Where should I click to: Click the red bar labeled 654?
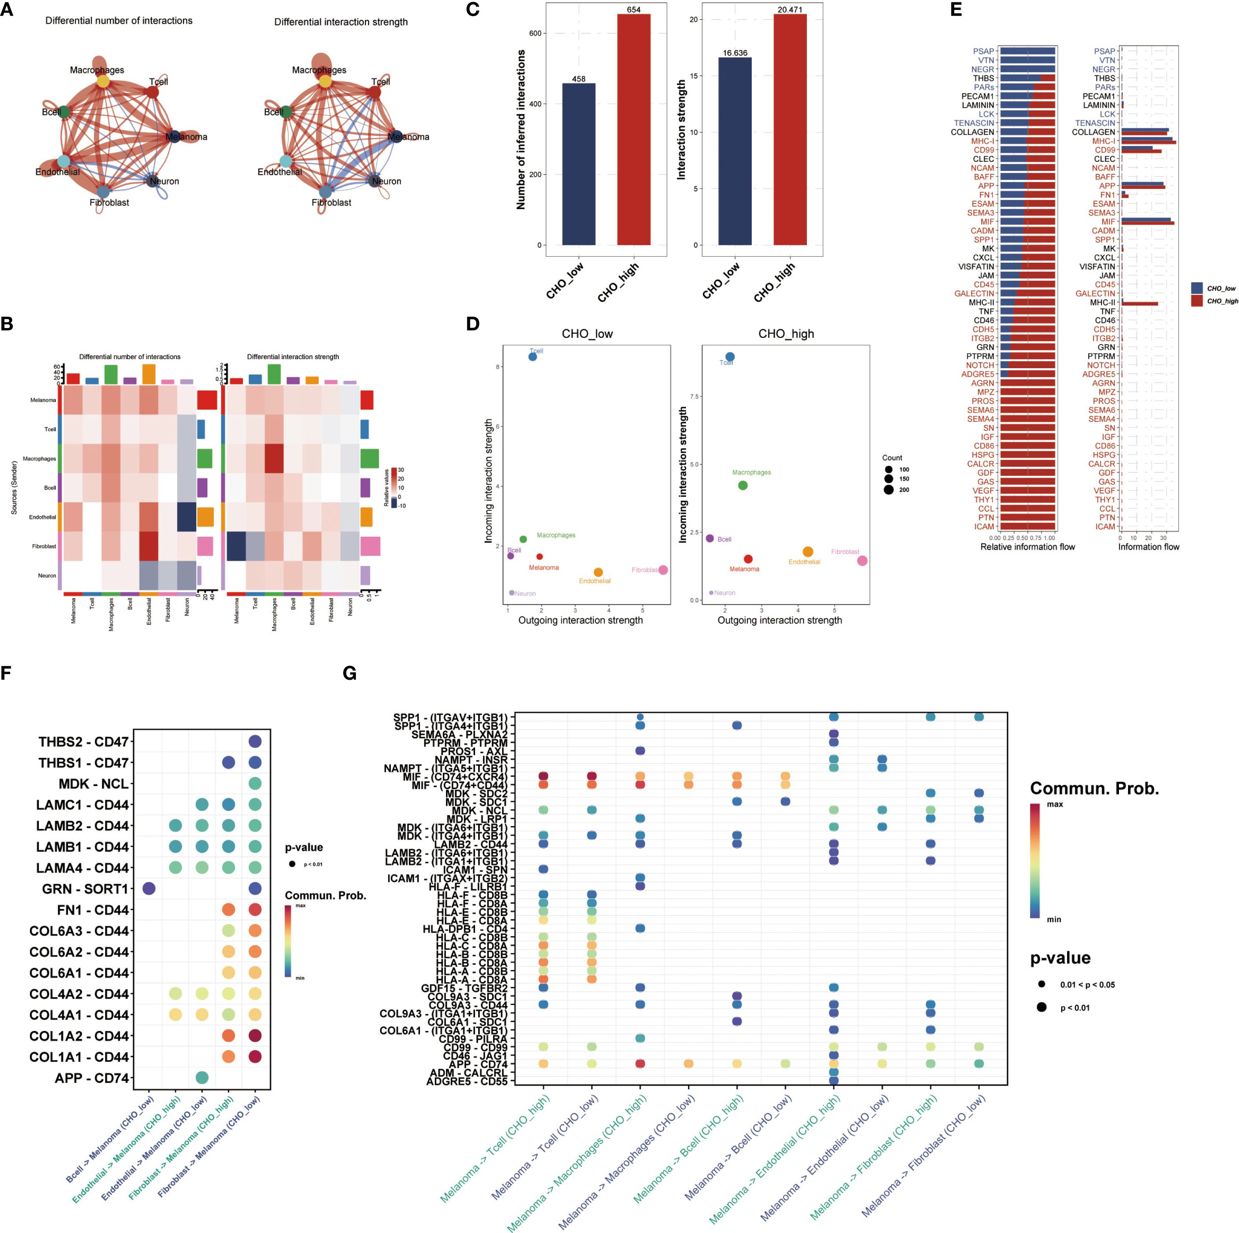(x=634, y=128)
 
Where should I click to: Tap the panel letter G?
(x=350, y=673)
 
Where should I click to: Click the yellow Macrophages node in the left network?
(x=103, y=82)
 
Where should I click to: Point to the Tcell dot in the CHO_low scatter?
(x=532, y=357)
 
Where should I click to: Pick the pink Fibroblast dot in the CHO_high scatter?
(x=862, y=561)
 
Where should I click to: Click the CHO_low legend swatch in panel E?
(x=1196, y=288)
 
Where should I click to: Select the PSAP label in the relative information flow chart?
(x=983, y=51)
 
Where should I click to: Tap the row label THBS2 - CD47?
(x=83, y=742)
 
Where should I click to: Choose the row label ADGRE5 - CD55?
(x=467, y=1081)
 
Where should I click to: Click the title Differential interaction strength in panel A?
(x=340, y=22)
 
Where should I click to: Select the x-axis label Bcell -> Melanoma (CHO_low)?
(x=110, y=1139)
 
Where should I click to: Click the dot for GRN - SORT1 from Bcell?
(x=149, y=888)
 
